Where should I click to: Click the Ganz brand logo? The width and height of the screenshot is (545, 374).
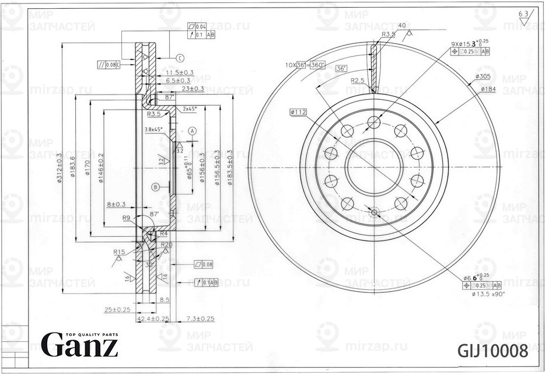[x=79, y=345]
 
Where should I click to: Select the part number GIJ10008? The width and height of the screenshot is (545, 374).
[x=493, y=351]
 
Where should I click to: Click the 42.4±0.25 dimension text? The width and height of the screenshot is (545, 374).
[x=153, y=319]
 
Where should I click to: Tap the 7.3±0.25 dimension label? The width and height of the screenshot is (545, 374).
[x=200, y=319]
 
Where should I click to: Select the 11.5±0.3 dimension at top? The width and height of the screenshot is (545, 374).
[x=176, y=72]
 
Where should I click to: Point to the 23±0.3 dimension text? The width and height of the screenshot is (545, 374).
[x=192, y=89]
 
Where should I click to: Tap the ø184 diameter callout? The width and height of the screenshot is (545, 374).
[x=488, y=89]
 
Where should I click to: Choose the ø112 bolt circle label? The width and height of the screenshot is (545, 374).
[x=298, y=112]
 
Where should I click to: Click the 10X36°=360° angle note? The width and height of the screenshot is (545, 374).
[x=305, y=64]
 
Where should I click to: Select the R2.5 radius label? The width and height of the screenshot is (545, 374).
[x=358, y=80]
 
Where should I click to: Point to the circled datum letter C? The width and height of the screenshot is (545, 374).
[x=180, y=58]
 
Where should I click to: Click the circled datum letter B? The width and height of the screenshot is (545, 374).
[x=155, y=187]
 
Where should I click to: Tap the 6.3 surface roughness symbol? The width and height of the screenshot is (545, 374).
[x=523, y=13]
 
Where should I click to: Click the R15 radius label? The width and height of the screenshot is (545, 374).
[x=119, y=252]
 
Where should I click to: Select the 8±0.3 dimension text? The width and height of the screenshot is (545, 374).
[x=116, y=204]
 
